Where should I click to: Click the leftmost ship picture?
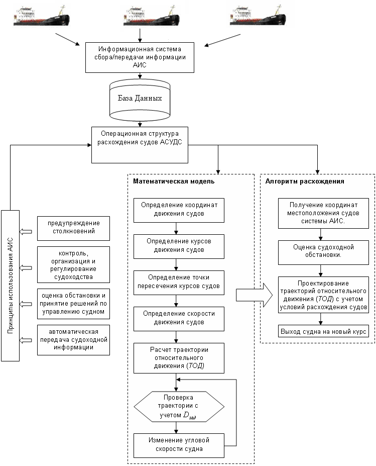coord(42,17)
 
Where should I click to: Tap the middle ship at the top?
coord(151,16)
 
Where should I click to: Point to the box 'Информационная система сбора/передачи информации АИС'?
coord(140,57)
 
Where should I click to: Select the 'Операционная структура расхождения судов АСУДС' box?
coord(140,145)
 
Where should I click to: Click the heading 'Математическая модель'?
coord(174,181)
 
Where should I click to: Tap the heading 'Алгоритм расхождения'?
coord(305,181)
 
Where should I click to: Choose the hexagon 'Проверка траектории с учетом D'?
coord(179,407)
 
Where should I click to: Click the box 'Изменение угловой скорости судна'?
coord(179,445)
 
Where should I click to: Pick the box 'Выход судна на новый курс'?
coord(323,331)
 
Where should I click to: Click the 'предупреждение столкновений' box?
coord(74,228)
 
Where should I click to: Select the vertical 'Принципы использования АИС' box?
coord(11,286)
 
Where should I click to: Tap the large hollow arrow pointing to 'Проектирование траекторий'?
coord(255,295)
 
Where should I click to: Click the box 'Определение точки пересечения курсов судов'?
coord(179,283)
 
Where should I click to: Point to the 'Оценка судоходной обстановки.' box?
coord(323,253)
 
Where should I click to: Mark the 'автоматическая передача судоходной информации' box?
coord(74,340)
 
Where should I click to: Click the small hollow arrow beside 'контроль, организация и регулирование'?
coord(26,268)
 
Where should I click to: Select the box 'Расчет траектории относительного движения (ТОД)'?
coord(179,358)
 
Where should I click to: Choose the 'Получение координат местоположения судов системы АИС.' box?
coord(323,213)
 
